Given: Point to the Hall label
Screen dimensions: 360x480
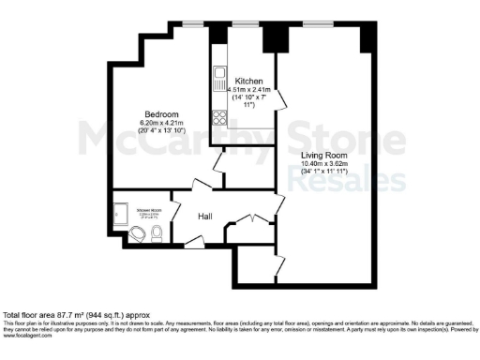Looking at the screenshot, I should pos(205,217).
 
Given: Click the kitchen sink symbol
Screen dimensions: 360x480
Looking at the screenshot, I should pos(219,79).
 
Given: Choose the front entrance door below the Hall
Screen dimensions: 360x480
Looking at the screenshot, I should pos(194,245).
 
